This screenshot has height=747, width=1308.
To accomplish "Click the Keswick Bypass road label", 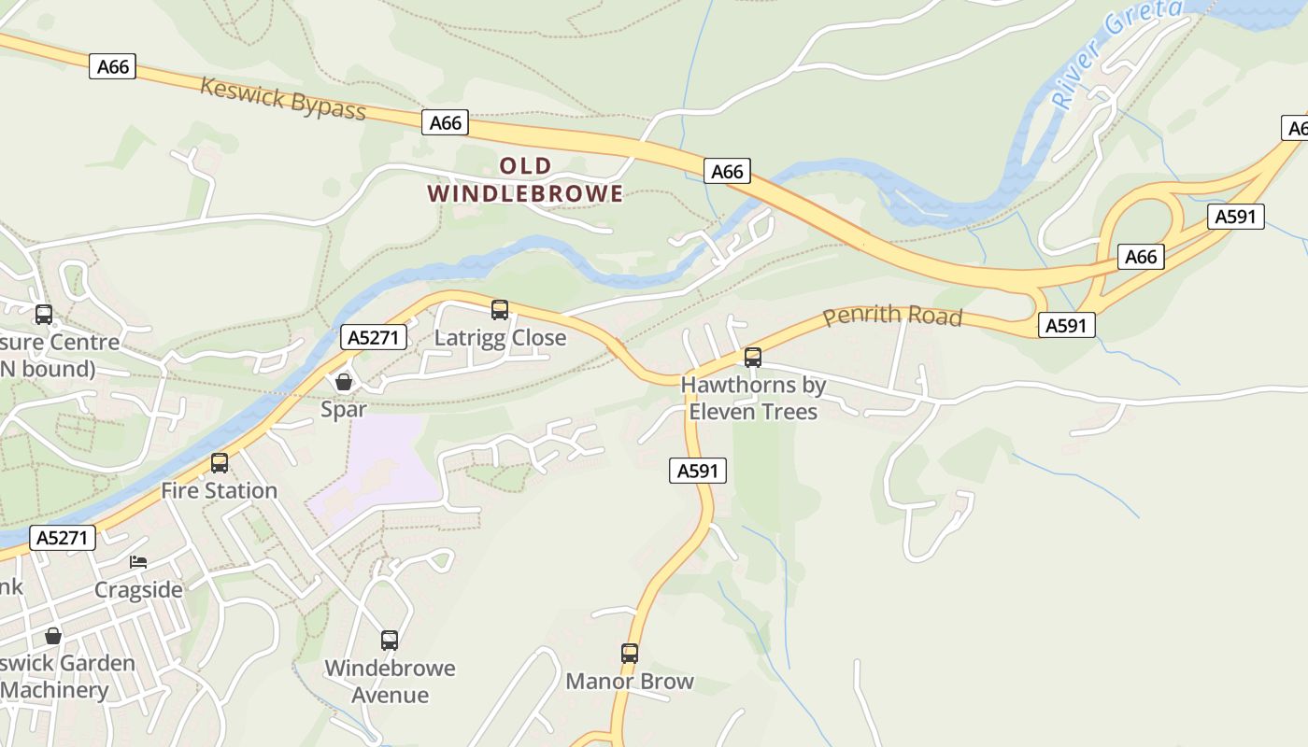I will point(282,99).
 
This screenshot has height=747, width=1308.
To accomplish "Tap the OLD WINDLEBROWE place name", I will point(525,180).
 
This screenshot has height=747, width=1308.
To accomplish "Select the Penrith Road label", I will point(892,316).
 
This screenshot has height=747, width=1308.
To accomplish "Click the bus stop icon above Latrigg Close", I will point(500,310).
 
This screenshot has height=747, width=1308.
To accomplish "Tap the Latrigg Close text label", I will point(500,338).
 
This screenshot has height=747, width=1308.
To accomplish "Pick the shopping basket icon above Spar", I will point(343,382).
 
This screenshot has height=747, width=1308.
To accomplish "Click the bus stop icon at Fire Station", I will point(220,463).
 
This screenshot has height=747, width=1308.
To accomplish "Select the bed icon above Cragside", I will point(138,562).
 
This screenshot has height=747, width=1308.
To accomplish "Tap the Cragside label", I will point(138,590).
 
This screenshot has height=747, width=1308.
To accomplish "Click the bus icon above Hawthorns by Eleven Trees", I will point(753,358).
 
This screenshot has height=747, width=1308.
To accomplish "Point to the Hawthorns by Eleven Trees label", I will point(753,399).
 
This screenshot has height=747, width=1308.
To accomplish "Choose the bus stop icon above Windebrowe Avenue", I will point(390,641).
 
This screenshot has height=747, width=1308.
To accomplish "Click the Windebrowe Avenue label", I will point(390,682).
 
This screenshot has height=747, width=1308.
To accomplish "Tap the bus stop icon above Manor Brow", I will point(630,654).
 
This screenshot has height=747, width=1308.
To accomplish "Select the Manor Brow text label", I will point(630,682).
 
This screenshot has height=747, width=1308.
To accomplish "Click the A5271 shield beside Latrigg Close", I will point(375,337).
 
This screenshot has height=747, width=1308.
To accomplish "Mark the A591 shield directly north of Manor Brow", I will point(698,472).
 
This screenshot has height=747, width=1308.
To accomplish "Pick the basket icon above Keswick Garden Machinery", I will point(53,636).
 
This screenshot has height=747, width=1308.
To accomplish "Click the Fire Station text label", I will point(220,491).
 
